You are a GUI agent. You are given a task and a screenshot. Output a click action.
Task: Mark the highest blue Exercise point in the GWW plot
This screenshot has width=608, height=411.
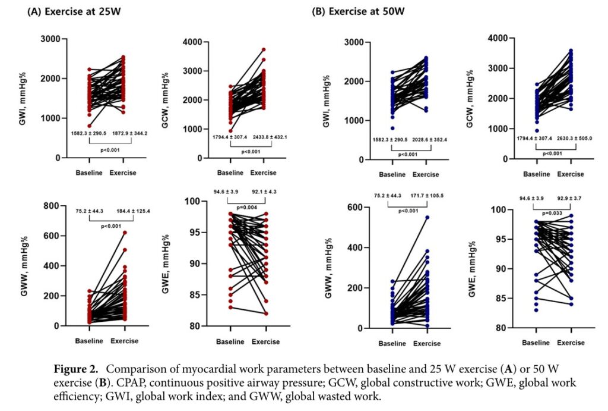[427, 218]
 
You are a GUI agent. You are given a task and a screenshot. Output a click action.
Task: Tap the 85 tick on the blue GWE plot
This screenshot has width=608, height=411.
[502, 299]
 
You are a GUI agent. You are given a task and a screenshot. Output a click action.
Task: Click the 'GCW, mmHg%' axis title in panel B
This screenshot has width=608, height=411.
[469, 83]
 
